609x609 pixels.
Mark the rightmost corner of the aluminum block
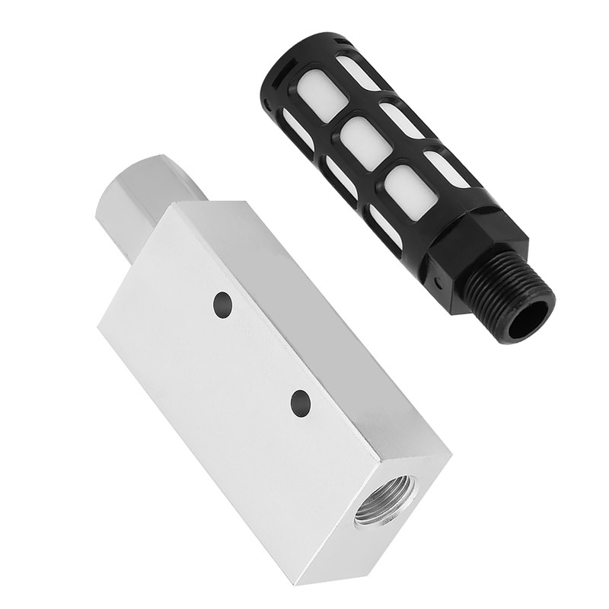(x=451, y=455)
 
